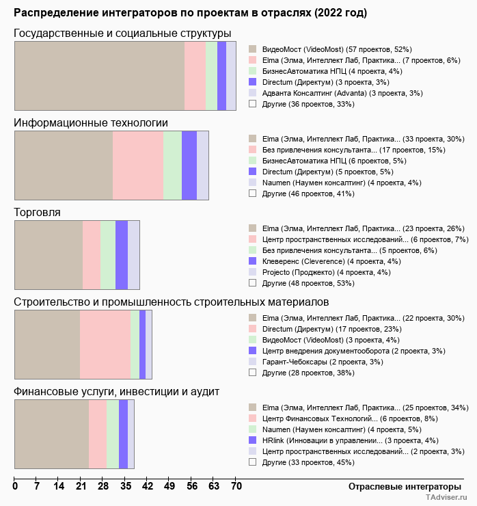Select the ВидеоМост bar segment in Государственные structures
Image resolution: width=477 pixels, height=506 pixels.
click(99, 75)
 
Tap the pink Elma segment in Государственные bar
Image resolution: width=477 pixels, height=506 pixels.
click(195, 75)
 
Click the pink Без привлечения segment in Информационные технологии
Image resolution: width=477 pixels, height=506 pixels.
click(138, 165)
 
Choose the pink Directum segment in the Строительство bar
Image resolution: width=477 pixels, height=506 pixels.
click(105, 345)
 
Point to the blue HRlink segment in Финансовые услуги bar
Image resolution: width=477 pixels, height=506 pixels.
click(123, 434)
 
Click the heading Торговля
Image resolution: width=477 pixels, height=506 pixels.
click(38, 213)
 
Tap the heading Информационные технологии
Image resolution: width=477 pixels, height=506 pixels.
click(91, 123)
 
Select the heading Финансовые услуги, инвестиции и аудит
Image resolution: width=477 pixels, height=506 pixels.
click(116, 392)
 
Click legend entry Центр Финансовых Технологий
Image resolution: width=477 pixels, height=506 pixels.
click(349, 418)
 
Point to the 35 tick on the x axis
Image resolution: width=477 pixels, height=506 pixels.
click(126, 486)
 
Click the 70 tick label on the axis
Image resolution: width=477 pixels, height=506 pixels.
click(236, 486)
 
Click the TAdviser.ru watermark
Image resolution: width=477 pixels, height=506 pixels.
click(446, 498)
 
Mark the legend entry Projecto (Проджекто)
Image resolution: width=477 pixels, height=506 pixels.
click(326, 271)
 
